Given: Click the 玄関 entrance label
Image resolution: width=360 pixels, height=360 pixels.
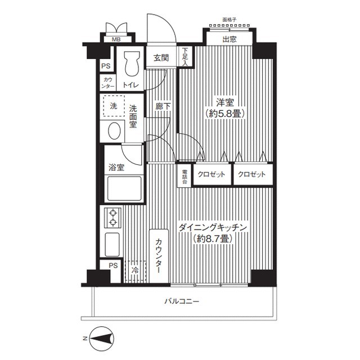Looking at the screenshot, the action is pyautogui.click(x=161, y=58).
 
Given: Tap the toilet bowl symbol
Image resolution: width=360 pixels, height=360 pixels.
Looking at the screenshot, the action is pyautogui.click(x=132, y=64).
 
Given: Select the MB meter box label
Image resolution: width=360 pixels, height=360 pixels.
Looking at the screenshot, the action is pyautogui.click(x=116, y=39).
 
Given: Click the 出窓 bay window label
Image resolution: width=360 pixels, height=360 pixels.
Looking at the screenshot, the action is pyautogui.click(x=229, y=39).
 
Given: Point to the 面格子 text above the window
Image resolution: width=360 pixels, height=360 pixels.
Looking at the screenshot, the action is pyautogui.click(x=229, y=20).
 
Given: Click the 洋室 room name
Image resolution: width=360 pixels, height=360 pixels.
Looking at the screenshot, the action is pyautogui.click(x=225, y=102).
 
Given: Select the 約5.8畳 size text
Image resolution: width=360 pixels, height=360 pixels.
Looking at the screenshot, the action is pyautogui.click(x=225, y=114).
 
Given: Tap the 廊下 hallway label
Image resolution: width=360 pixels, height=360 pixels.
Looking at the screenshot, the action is pyautogui.click(x=163, y=106).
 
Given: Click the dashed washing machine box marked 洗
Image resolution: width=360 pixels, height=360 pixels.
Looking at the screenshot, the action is pyautogui.click(x=114, y=106).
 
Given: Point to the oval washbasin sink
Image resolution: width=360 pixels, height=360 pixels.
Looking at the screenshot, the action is pyautogui.click(x=114, y=130).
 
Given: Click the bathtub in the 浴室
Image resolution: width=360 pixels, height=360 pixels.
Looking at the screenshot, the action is pyautogui.click(x=124, y=188).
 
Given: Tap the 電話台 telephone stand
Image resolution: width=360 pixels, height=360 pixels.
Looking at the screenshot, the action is pyautogui.click(x=184, y=177).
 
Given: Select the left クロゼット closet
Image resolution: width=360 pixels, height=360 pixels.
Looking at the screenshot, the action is pyautogui.click(x=212, y=174).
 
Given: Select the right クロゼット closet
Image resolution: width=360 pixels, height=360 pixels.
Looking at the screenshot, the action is pyautogui.click(x=253, y=174).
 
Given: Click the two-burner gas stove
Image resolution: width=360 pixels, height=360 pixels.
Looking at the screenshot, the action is pyautogui.click(x=112, y=218).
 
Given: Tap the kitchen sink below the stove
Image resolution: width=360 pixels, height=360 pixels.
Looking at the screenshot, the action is pyautogui.click(x=112, y=245).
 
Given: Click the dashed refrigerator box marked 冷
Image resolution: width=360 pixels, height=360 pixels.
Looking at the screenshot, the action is pyautogui.click(x=136, y=271).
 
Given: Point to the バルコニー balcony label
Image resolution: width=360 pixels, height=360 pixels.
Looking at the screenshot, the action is pyautogui.click(x=182, y=301).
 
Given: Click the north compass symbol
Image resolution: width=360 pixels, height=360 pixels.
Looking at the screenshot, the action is pyautogui.click(x=101, y=339).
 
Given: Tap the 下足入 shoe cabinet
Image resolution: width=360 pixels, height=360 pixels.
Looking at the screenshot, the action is pyautogui.click(x=185, y=56).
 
